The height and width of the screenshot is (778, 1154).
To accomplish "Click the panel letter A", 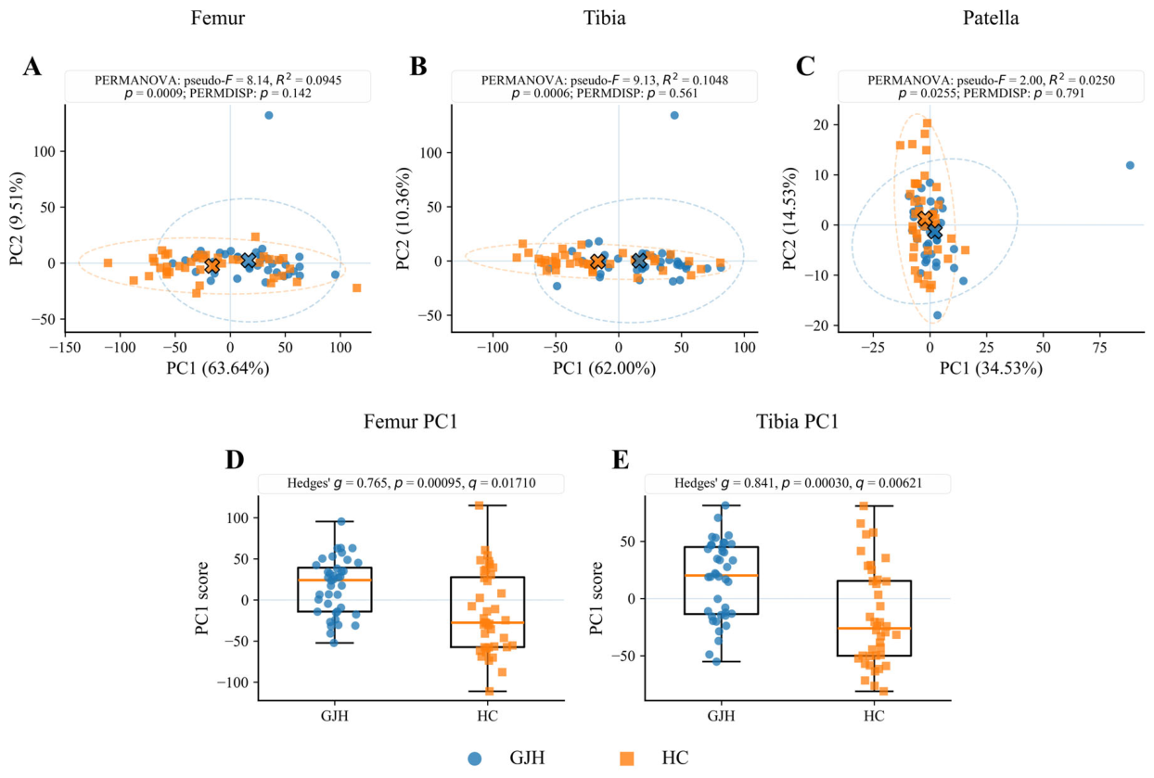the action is tap(32, 68).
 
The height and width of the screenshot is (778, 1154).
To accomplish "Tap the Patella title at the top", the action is tap(990, 18).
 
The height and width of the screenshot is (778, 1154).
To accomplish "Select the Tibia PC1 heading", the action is tap(797, 421).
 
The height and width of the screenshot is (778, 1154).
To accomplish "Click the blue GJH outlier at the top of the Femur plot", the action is tap(268, 115).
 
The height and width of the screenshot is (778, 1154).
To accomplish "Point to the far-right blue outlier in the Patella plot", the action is tap(1130, 165).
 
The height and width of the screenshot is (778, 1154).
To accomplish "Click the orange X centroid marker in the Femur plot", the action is tap(212, 266).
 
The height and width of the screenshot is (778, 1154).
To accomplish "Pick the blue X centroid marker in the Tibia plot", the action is tap(639, 261).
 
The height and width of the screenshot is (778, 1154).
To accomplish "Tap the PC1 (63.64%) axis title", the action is tap(217, 368).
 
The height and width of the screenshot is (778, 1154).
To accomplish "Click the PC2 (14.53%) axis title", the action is tap(789, 218).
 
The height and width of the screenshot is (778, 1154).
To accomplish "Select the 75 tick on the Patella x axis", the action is tap(1099, 348).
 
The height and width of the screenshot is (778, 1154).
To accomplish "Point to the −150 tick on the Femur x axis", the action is tap(66, 348).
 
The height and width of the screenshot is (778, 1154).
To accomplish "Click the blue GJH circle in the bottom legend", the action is tap(474, 759).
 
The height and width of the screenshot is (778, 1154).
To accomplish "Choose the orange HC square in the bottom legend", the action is tap(627, 759).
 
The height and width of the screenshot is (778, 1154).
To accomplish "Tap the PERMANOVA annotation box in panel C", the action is tap(991, 86).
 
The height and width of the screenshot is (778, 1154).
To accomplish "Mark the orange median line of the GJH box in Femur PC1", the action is tap(334, 580).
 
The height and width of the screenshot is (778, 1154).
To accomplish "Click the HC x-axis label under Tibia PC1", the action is tap(874, 716).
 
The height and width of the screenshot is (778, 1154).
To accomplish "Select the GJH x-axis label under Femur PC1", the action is tap(334, 716).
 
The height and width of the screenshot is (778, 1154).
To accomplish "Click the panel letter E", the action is tap(621, 460).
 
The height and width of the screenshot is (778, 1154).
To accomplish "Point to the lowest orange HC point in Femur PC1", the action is tap(489, 691).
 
